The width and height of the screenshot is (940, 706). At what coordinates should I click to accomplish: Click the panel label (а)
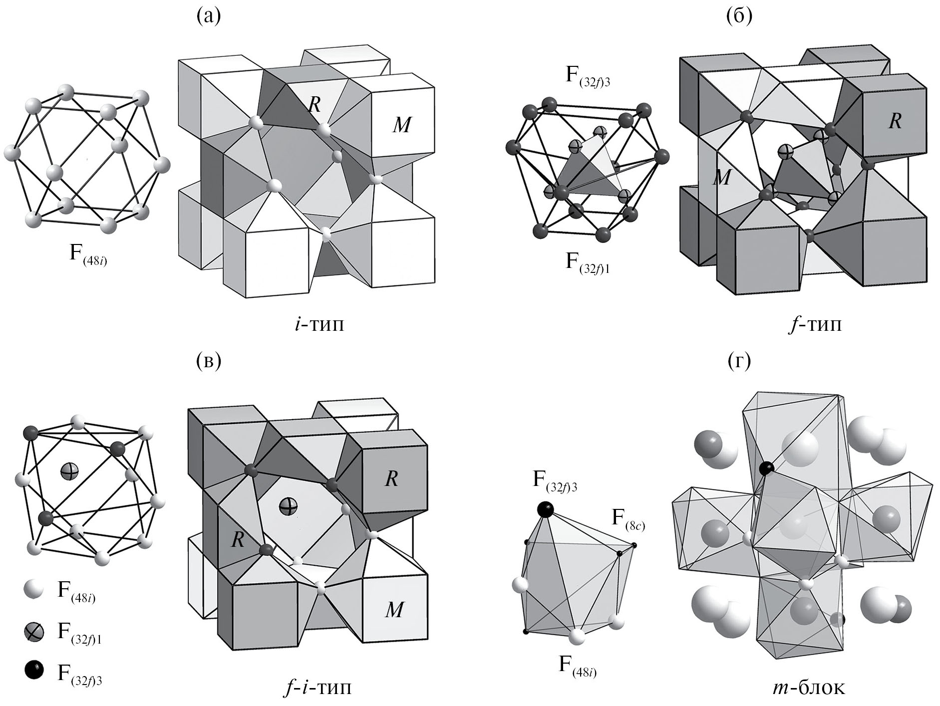pos(208,16)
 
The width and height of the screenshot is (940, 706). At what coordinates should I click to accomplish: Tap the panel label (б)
pos(739,16)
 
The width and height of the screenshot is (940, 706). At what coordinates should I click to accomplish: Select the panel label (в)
pos(208,361)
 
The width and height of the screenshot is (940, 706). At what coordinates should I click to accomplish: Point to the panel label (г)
pos(739,361)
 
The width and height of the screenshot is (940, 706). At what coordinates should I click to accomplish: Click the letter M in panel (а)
pos(402,125)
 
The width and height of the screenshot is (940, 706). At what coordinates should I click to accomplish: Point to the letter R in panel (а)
pos(313,104)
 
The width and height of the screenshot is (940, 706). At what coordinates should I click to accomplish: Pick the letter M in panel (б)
pos(721,177)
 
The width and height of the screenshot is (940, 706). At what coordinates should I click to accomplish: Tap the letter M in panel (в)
pos(394,609)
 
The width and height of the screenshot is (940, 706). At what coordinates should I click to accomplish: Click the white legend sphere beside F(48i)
pos(33,589)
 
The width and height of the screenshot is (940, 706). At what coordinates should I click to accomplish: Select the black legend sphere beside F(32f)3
pos(33,670)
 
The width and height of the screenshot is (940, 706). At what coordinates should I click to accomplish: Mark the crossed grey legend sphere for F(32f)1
pos(33,632)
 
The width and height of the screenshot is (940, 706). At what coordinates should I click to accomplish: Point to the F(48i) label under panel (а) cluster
pos(88,254)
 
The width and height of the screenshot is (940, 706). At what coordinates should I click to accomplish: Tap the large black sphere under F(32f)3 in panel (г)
pos(545,509)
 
